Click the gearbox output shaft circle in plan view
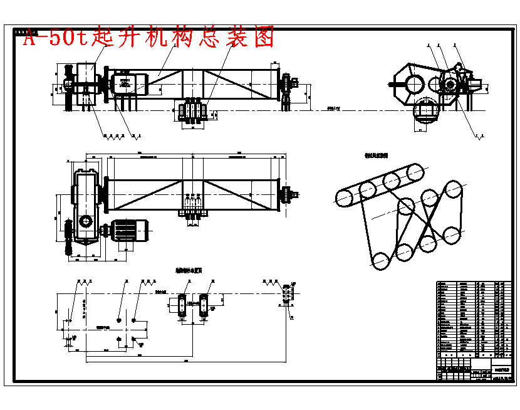coord(86,221)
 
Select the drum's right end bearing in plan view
coord(288,195)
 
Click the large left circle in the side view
coord(412,83)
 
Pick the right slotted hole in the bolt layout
coord(204,304)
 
